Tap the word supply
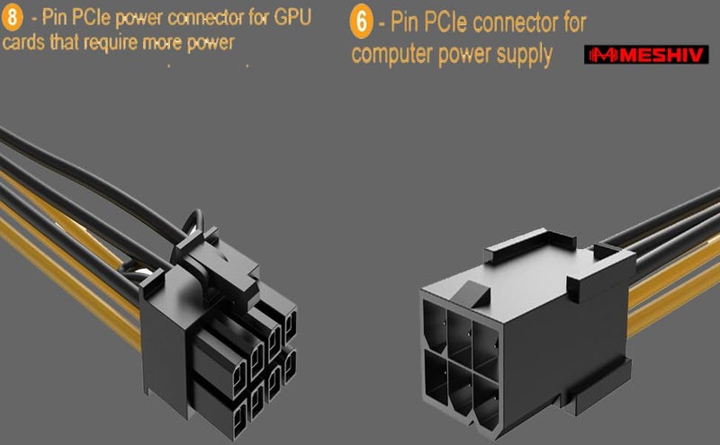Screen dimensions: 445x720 519,56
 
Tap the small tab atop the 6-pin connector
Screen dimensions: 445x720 469,290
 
